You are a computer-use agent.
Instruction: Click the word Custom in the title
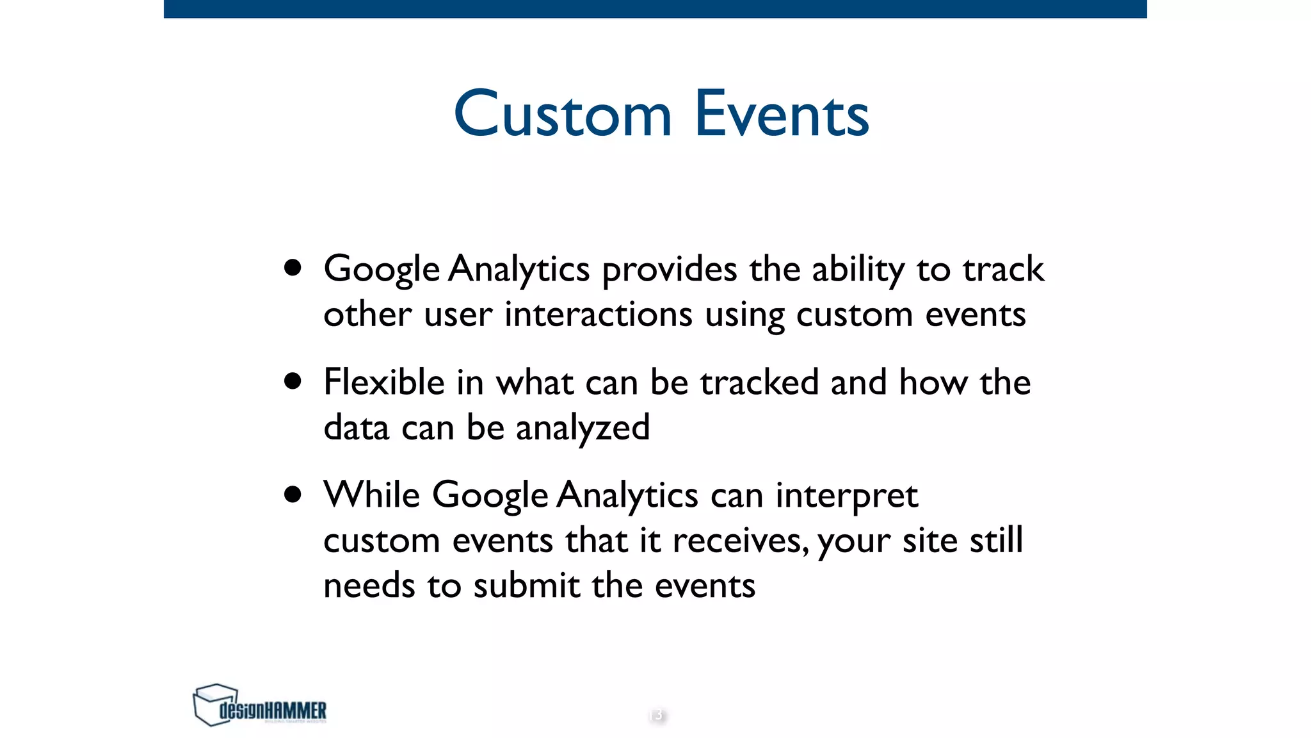[x=563, y=115]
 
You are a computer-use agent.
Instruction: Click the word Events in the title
[x=782, y=115]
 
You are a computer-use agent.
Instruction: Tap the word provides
[x=669, y=270]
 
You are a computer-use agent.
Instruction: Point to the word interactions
[x=598, y=315]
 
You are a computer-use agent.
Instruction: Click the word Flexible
[x=384, y=382]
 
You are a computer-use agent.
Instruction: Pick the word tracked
[x=759, y=382]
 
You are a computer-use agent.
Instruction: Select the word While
[x=371, y=495]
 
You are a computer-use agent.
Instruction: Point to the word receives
[x=739, y=541]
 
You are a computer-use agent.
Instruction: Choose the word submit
[x=526, y=586]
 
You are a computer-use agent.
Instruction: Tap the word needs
[x=369, y=586]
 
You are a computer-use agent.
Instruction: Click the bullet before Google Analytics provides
[x=293, y=268]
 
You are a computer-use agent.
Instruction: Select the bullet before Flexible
[x=293, y=381]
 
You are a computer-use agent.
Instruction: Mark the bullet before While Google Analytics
[x=293, y=495]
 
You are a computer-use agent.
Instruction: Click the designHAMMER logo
[x=259, y=705]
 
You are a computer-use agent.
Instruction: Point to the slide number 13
[x=656, y=715]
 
